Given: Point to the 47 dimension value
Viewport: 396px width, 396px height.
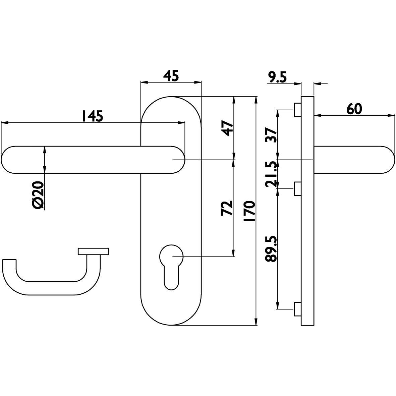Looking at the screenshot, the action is pos(227,128).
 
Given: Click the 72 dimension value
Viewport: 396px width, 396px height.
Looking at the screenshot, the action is pos(227,208).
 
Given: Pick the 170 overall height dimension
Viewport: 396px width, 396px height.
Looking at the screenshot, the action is pos(249,211).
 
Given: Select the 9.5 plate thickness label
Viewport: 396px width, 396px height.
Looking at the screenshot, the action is pos(277,77).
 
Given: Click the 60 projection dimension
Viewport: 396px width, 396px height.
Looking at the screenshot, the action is pos(354,109).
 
